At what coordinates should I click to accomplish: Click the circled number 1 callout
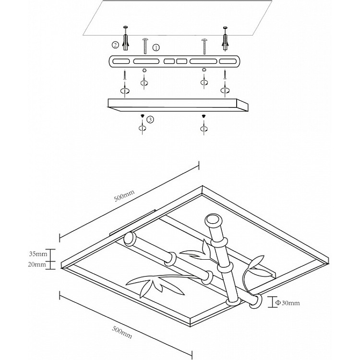(x=156, y=48)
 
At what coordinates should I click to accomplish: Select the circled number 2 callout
(x=116, y=45)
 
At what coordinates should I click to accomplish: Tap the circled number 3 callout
(x=150, y=120)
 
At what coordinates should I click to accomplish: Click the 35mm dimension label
(x=38, y=254)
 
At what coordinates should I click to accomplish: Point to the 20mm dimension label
(x=37, y=264)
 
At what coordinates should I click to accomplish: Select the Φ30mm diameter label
(x=287, y=303)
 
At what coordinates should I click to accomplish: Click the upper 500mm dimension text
(x=124, y=196)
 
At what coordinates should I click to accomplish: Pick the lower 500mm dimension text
(x=122, y=333)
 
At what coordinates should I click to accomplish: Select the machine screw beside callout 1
(x=145, y=46)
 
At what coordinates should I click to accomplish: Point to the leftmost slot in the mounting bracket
(x=121, y=61)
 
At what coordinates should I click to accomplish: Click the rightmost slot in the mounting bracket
(x=228, y=61)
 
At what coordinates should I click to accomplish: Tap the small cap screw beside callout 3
(x=143, y=116)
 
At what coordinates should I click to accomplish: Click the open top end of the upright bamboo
(x=214, y=219)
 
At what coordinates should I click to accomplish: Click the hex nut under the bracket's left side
(x=144, y=70)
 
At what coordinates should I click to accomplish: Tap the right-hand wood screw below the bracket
(x=225, y=74)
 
